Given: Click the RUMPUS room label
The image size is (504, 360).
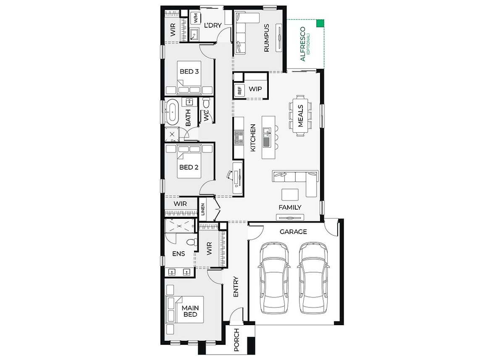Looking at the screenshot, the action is tap(266, 38).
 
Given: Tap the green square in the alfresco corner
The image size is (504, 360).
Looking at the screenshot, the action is tap(320, 24).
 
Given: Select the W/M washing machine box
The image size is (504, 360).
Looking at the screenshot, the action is tap(196, 18).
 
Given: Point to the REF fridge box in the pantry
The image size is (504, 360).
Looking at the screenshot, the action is tap(239, 90).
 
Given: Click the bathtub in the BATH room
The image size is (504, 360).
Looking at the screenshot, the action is tap(172, 112).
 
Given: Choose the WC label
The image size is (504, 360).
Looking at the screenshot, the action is tap(206, 115).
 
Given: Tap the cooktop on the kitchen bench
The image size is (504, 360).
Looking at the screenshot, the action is tap(239, 137).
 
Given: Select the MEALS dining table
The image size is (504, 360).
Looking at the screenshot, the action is tap(300, 116).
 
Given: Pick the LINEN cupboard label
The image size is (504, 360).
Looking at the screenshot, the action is tap(203, 209).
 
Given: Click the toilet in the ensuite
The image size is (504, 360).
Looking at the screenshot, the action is tap(192, 242).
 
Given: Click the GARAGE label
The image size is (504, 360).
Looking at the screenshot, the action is tap(293, 232).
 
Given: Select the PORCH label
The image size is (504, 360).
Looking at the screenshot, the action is tap(236, 340).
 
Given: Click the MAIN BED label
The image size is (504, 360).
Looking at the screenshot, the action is tap(190, 311).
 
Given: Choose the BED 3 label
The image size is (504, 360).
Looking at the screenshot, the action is tap(189, 71).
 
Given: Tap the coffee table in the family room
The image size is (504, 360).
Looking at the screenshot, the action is tap(290, 194).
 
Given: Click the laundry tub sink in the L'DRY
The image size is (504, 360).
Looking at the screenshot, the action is tap(194, 34).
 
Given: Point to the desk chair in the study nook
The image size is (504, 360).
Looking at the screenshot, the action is tap(230, 175).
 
